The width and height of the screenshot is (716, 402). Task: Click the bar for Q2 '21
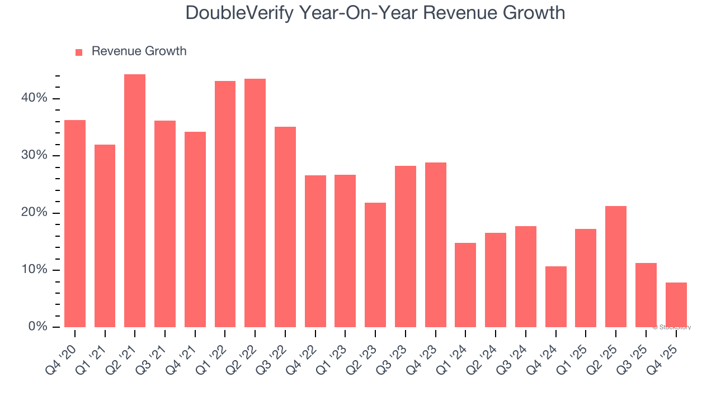coord(135,201)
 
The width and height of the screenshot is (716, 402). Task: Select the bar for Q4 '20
coord(75,223)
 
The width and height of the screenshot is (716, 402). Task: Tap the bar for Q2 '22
coord(255,203)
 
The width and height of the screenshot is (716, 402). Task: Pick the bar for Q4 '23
coord(436,245)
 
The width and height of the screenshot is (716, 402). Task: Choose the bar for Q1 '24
coord(465,285)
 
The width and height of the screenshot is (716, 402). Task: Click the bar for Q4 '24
coord(556,296)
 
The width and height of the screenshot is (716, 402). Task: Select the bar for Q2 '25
coord(616,266)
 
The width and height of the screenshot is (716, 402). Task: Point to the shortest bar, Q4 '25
coord(676,305)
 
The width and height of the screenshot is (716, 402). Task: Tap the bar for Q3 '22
coord(285,227)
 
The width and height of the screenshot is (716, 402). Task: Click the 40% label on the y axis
coord(34,98)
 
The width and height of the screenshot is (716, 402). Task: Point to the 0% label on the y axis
coord(37,327)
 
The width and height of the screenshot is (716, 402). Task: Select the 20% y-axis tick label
coord(34,213)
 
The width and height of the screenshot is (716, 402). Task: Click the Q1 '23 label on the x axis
coord(336,350)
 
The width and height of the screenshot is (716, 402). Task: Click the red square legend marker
coord(79,52)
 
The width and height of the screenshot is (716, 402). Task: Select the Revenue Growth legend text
coord(139,51)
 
